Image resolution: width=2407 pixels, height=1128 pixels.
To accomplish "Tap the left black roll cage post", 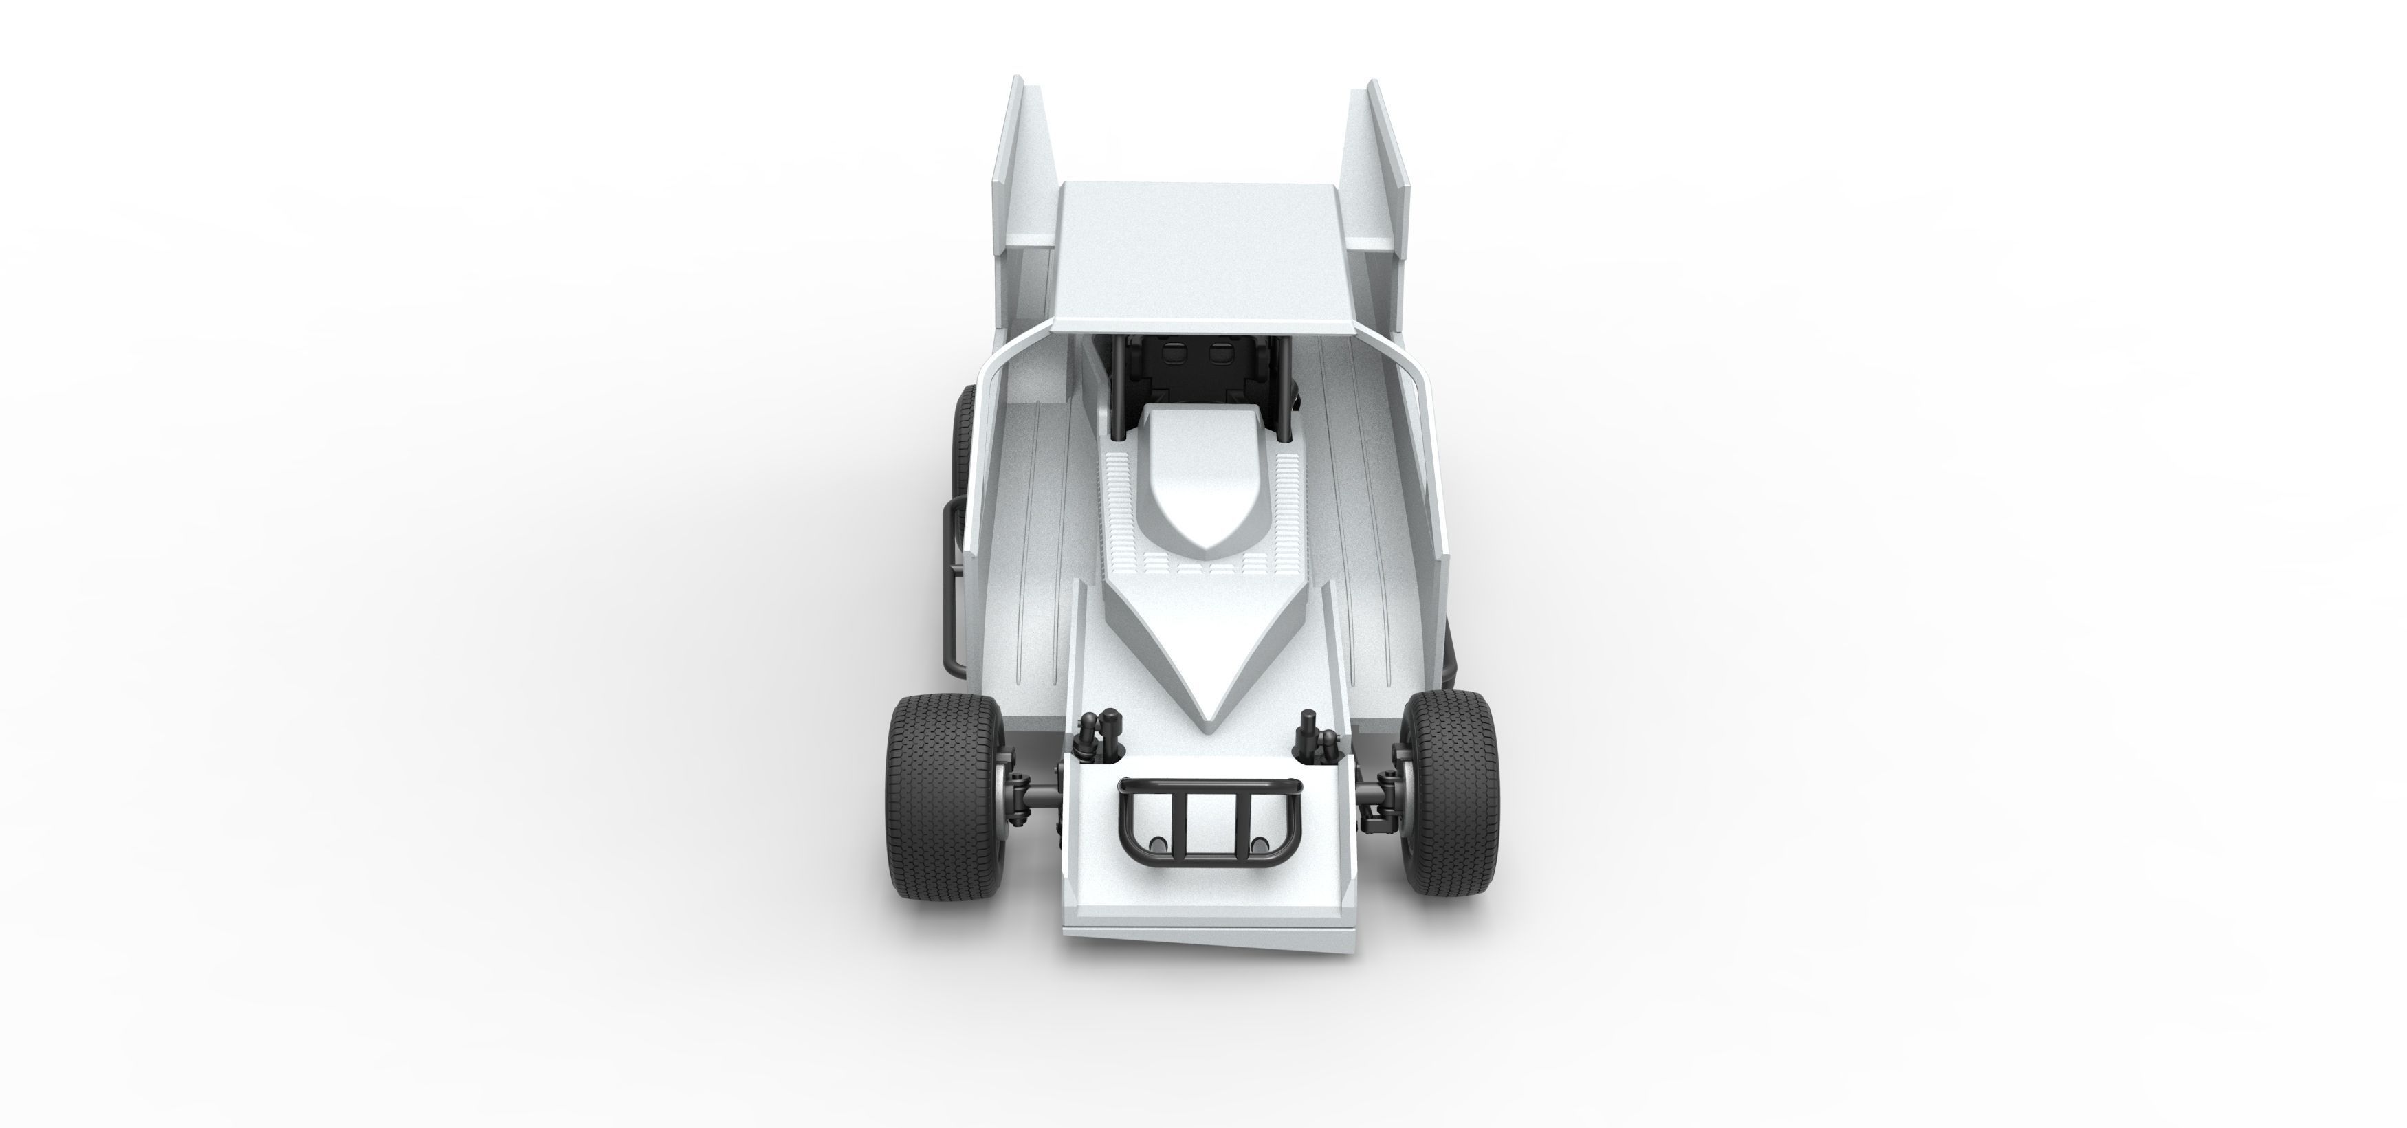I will (x=1117, y=388).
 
